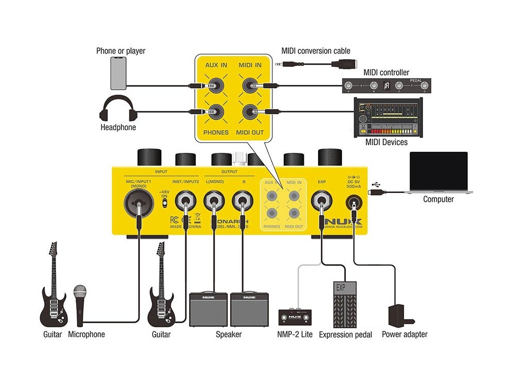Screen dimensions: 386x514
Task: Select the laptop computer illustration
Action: pos(438,173)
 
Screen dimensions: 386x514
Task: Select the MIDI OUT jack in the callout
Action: pos(250,111)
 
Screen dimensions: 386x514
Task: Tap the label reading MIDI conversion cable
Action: pos(316,51)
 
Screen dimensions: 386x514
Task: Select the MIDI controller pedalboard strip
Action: pos(386,86)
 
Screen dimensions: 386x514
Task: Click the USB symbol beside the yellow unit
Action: pos(379,184)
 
